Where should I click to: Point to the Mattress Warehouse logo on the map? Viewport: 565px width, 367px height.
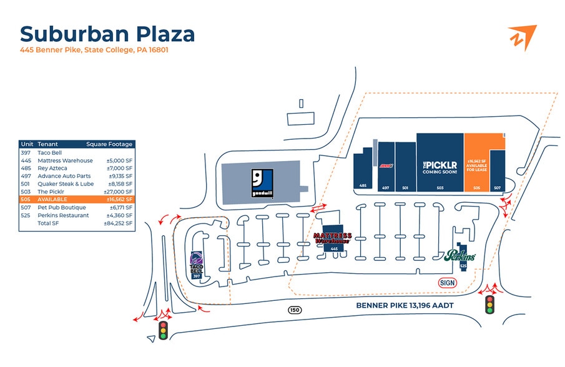click(333, 238)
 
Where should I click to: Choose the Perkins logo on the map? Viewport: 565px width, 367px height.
click(460, 255)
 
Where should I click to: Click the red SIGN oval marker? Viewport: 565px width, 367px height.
click(447, 283)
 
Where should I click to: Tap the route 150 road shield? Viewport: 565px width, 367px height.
click(294, 310)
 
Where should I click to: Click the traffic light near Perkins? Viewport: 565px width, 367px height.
click(490, 305)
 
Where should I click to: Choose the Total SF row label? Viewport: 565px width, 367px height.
click(48, 223)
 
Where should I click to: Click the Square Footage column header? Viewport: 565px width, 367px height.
click(109, 144)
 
